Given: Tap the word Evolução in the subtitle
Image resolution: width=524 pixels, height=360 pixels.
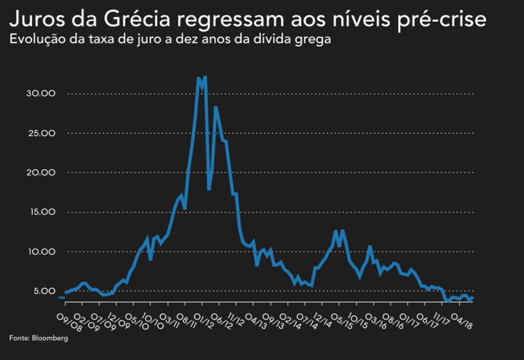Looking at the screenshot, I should click(37, 40).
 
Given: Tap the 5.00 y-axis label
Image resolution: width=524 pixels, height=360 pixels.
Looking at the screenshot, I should click(44, 291).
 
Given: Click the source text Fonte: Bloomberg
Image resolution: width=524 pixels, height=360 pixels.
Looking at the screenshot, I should click(39, 338).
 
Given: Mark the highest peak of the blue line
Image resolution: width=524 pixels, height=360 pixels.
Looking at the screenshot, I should click(205, 77).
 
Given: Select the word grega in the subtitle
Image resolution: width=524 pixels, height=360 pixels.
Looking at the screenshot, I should click(316, 40).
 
